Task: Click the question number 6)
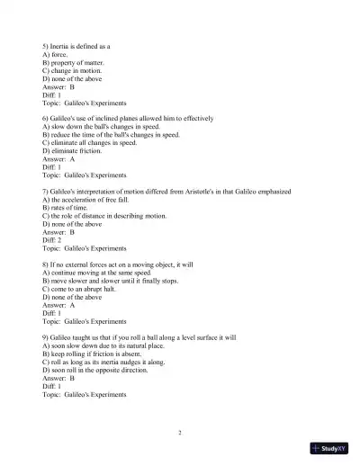46,119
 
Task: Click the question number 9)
46,338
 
